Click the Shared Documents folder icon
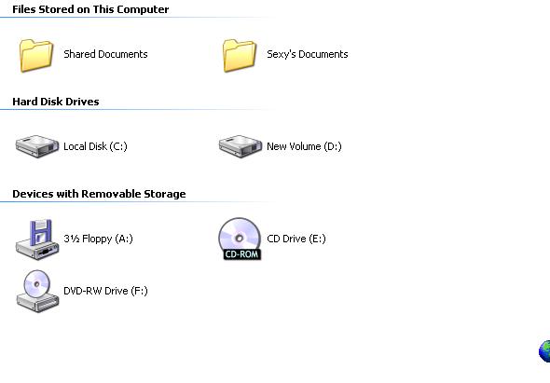(36, 55)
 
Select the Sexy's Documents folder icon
(240, 55)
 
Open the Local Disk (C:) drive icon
(37, 146)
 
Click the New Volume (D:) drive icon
(241, 146)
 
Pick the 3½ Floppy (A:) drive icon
(37, 239)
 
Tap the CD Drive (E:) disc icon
(240, 239)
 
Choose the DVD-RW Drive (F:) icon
(37, 291)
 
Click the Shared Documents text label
(105, 54)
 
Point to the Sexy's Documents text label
(308, 54)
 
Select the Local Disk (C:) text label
(95, 146)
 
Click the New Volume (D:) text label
(304, 146)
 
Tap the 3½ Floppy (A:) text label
(98, 239)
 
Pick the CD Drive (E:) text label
(296, 239)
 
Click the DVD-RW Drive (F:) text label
(105, 291)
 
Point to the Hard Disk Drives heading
(56, 102)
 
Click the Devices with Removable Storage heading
(99, 194)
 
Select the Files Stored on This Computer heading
(90, 9)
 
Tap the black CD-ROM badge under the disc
(242, 253)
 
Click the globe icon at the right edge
(544, 350)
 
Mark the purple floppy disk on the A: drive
(41, 232)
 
